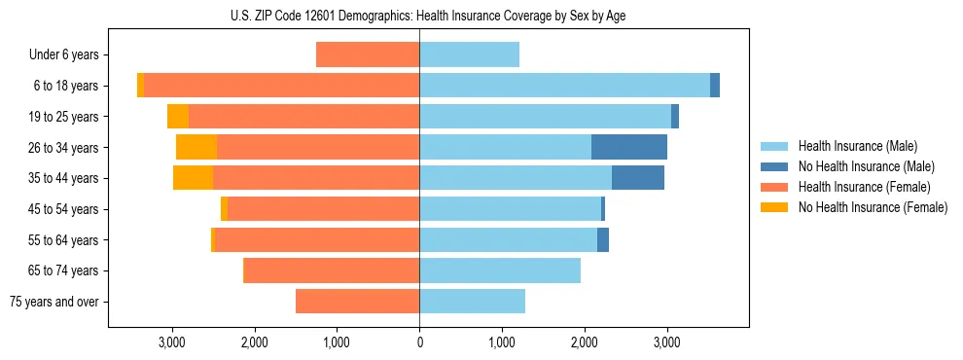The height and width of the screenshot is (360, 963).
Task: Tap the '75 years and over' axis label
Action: (53, 302)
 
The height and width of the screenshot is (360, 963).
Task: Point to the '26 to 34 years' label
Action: (64, 148)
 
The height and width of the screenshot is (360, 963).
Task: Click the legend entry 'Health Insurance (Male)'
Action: (857, 146)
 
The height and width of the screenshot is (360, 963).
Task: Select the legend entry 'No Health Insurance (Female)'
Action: (873, 207)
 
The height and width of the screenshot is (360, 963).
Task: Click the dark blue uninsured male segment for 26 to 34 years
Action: (629, 147)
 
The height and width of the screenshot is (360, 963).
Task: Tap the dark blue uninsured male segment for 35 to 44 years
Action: (638, 178)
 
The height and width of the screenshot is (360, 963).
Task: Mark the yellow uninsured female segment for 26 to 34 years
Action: (196, 147)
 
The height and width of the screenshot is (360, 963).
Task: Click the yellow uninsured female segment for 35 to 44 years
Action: (193, 178)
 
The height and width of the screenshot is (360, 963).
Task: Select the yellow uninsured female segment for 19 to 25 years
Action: (178, 117)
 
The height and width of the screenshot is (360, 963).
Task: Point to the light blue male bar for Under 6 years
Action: (469, 55)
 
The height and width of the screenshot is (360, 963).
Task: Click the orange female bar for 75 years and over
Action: (357, 302)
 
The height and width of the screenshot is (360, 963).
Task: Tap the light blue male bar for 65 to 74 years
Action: (500, 270)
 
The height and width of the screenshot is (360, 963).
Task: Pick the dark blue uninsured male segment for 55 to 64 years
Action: (603, 239)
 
